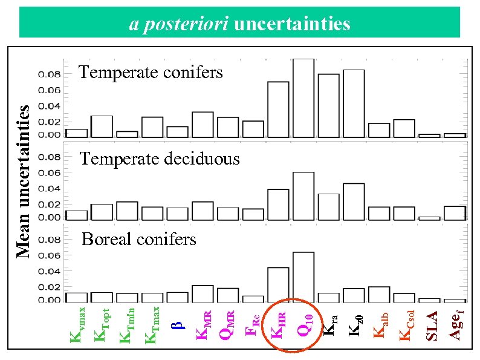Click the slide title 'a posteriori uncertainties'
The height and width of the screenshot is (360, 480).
point(240,24)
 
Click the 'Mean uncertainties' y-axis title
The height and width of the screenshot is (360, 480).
point(24,181)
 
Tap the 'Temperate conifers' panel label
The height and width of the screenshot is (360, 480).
point(151,73)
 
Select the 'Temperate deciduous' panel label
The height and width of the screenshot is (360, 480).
point(160,159)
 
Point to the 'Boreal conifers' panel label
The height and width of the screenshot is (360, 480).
point(139,240)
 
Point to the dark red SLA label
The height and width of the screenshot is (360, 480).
point(432,325)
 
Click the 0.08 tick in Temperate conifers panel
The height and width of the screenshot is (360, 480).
point(50,75)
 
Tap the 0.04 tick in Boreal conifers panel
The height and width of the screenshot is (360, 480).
point(50,271)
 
